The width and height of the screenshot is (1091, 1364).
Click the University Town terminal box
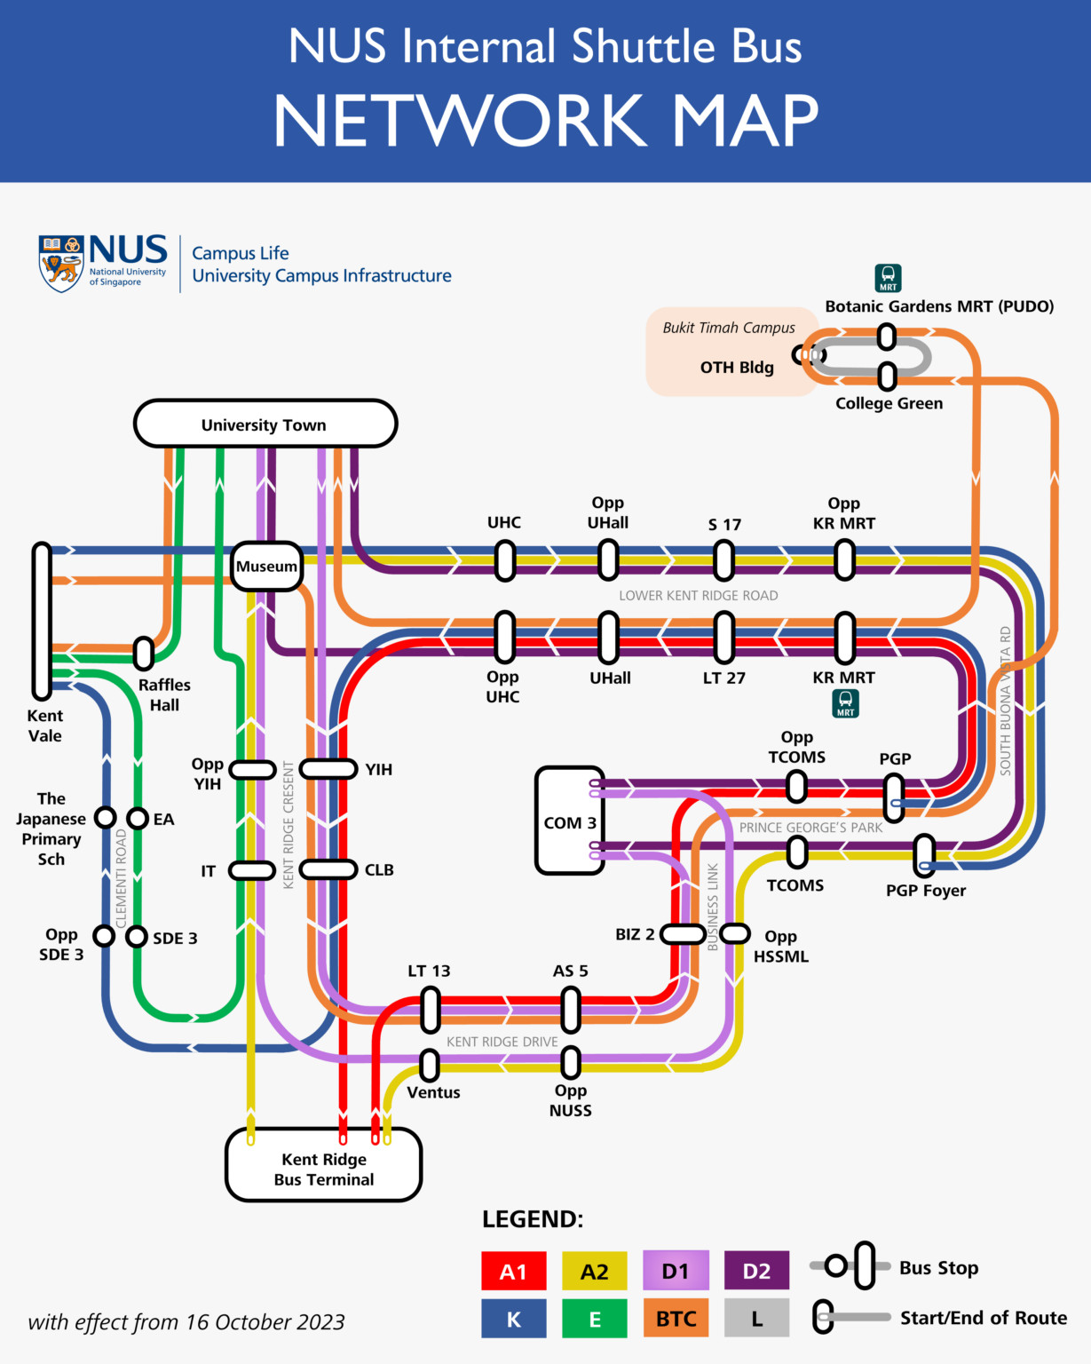pos(265,424)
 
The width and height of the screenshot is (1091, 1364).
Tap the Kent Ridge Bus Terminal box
pos(324,1164)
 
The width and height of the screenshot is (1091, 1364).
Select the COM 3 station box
pos(570,821)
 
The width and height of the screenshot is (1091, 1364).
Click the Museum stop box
pos(266,566)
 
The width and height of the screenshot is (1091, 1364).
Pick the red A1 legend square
pos(513,1271)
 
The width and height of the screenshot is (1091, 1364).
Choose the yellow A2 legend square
pos(594,1271)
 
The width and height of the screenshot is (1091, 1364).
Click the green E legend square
pos(594,1319)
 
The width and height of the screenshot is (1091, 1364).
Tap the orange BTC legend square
pos(676,1319)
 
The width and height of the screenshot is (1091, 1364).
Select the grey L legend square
pos(756,1319)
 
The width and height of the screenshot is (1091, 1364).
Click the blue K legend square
pos(513,1319)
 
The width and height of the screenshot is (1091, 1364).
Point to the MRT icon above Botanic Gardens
pos(888,278)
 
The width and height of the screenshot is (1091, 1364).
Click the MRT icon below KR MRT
pos(846,704)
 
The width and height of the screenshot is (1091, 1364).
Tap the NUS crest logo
pos(61,263)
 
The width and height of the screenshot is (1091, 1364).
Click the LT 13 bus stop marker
pos(430,1011)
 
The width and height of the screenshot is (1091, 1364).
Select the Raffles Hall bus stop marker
pos(144,654)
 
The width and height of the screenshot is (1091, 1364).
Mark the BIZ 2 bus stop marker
pos(683,933)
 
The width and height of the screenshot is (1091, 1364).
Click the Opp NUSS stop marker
pos(571,1062)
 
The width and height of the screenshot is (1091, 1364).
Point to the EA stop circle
pos(138,818)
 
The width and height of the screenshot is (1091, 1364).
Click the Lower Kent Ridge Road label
pos(698,595)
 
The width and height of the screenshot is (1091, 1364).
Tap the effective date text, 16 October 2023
pos(186,1322)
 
